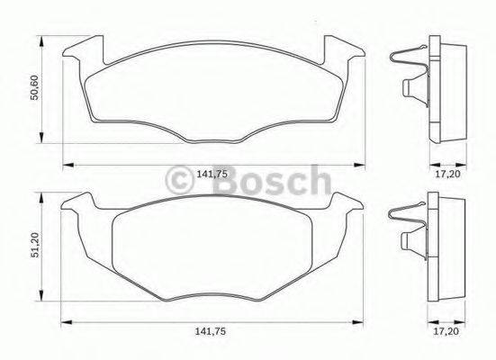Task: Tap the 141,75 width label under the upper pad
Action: pyautogui.click(x=212, y=175)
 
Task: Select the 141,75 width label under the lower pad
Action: pyautogui.click(x=212, y=333)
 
